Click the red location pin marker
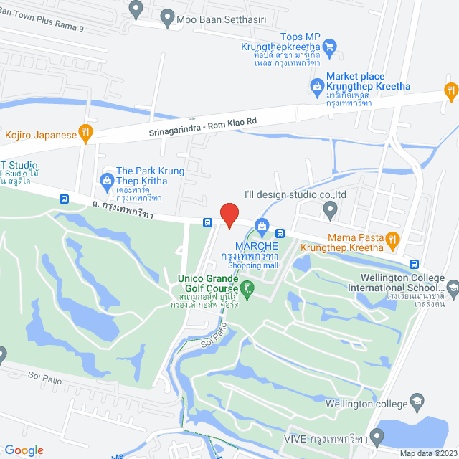(229, 215)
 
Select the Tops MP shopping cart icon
(330, 47)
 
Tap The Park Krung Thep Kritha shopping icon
(107, 179)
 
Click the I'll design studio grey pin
(330, 210)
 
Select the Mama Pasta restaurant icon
(392, 239)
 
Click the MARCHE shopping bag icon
(262, 228)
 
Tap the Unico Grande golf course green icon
(247, 288)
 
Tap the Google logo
(24, 450)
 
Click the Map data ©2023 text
(427, 453)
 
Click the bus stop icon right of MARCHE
(280, 233)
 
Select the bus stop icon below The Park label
(65, 199)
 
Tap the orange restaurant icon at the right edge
(450, 90)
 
